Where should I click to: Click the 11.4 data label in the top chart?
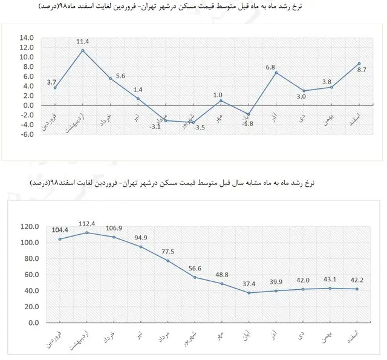click(x=83, y=42)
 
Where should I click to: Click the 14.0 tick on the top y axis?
click(x=27, y=38)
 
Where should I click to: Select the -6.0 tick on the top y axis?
click(x=27, y=134)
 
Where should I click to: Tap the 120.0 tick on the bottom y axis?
click(x=30, y=226)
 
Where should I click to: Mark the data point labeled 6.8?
click(x=276, y=73)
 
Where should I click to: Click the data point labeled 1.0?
click(x=221, y=100)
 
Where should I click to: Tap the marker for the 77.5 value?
click(x=167, y=261)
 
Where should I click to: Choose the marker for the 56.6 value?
click(x=195, y=277)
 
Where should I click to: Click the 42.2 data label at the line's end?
click(x=359, y=280)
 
